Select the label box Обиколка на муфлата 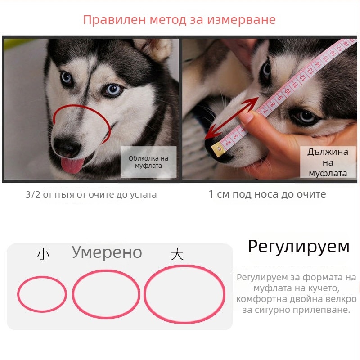tap(148, 162)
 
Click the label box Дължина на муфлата tap(328, 162)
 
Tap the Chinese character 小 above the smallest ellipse tap(43, 255)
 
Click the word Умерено tap(107, 252)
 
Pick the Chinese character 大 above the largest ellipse tap(177, 255)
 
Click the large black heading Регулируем tap(298, 247)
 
